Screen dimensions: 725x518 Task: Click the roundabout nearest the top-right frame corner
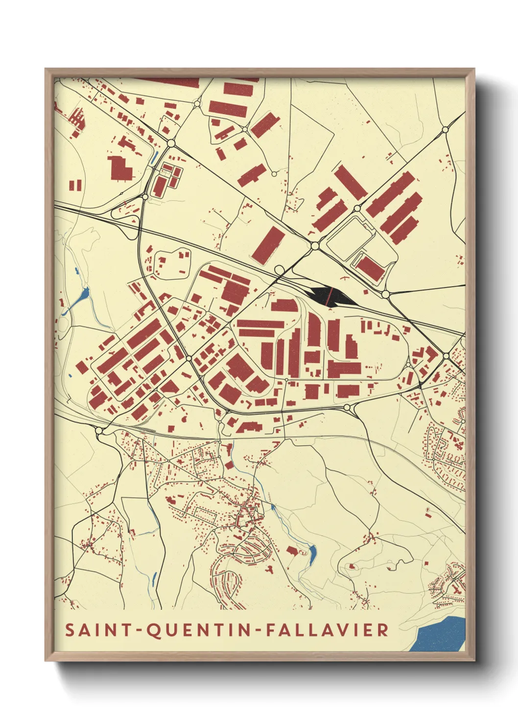pos(445,130)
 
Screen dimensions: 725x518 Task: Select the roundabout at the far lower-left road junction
pos(99,431)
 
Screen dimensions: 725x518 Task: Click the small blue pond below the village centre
pos(312,554)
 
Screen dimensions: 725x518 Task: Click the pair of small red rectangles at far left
pos(75,185)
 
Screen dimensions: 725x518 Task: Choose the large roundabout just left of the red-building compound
pos(171,143)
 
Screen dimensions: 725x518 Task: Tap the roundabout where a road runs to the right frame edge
pos(385,294)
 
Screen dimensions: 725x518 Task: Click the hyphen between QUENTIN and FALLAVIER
pos(258,630)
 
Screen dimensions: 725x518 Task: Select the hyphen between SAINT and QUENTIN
pos(140,630)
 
